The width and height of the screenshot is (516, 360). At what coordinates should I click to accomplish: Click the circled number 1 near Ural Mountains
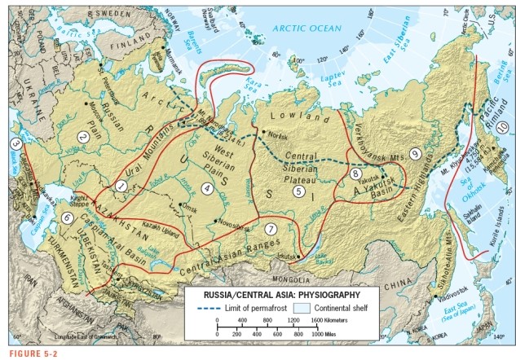click(x=120, y=186)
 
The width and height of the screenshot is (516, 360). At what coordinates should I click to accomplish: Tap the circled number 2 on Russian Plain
click(x=82, y=137)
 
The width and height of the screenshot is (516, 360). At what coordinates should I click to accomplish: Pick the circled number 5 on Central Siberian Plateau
click(x=299, y=192)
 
